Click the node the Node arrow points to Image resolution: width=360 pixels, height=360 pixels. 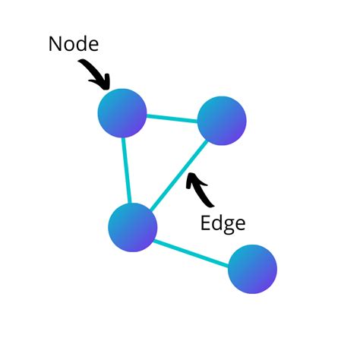point(122,112)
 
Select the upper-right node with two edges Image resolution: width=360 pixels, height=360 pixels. point(222,121)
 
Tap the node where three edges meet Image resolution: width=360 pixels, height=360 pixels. point(133,226)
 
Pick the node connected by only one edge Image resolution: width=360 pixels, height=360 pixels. point(252,269)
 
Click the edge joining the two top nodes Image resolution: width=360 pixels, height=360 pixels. point(172,117)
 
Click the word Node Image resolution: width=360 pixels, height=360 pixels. point(74,44)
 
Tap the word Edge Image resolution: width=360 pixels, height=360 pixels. point(223,223)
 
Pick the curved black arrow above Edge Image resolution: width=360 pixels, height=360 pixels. point(199,191)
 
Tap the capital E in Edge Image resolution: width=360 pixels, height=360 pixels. point(206,223)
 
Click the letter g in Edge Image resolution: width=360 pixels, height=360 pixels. point(229,226)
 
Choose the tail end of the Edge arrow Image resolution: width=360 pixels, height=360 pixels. point(213,205)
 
